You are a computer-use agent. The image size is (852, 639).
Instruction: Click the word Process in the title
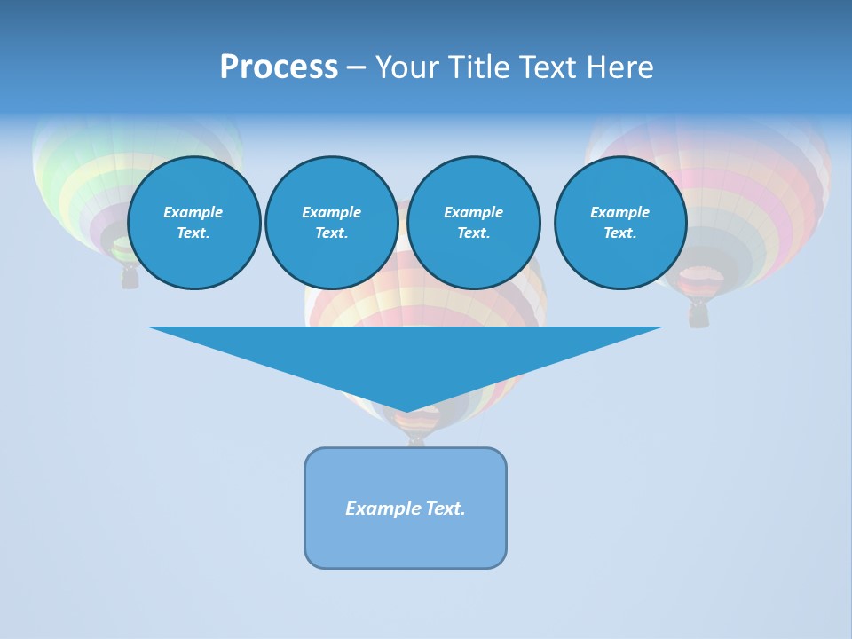pyautogui.click(x=279, y=67)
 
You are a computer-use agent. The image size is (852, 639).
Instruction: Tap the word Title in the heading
pyautogui.click(x=481, y=67)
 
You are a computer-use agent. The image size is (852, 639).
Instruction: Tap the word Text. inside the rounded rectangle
pyautogui.click(x=446, y=509)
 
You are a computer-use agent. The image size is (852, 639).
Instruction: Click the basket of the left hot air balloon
pyautogui.click(x=130, y=279)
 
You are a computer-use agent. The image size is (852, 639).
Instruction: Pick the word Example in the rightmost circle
pyautogui.click(x=620, y=212)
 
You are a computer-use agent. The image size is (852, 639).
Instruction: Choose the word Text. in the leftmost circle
pyautogui.click(x=193, y=233)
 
